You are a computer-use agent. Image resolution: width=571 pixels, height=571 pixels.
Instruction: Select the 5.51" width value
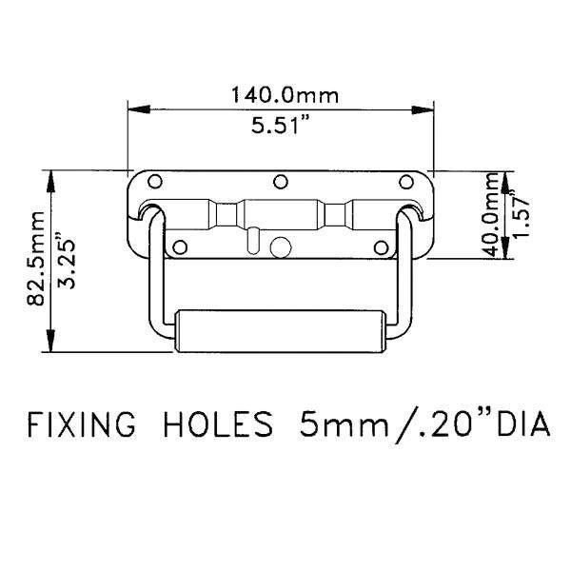(x=280, y=126)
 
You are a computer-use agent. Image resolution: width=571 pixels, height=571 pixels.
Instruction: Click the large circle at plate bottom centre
(x=280, y=246)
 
